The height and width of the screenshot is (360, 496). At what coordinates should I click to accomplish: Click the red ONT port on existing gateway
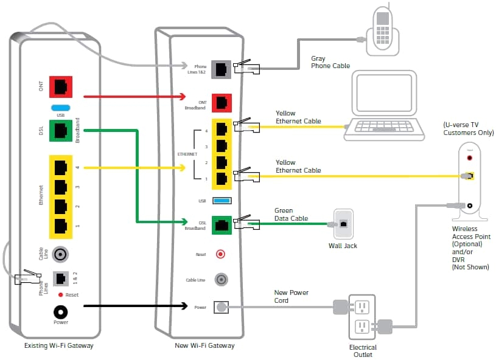click(61, 88)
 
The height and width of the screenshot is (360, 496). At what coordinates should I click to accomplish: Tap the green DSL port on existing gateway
click(61, 131)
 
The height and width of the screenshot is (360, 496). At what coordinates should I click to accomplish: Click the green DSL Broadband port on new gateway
click(222, 224)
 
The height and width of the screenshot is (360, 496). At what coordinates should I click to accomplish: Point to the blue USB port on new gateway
click(222, 200)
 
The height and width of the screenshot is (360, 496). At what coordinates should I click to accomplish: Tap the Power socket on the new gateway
click(222, 308)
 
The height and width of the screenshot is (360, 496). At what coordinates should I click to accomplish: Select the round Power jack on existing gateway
click(61, 312)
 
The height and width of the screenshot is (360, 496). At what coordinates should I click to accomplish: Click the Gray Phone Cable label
click(330, 62)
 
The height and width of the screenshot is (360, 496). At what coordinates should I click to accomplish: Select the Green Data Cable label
click(291, 214)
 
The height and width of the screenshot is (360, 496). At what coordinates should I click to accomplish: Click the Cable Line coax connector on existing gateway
click(61, 254)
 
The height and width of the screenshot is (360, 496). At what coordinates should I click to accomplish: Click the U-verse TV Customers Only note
click(468, 129)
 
